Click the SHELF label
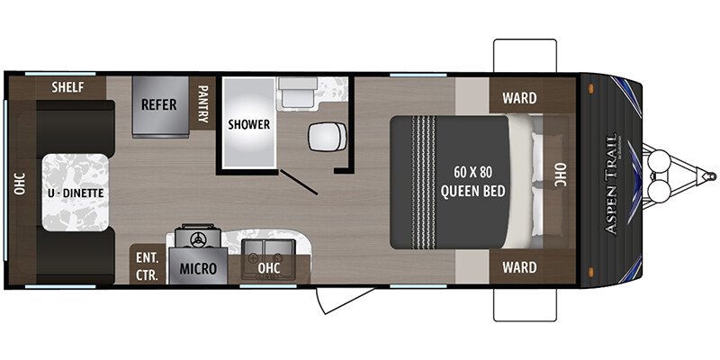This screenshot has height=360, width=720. click(x=67, y=87)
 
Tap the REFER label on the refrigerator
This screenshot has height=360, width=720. click(x=158, y=103)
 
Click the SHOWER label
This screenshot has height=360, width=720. click(x=248, y=124)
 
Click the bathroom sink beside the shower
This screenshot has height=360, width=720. click(x=293, y=92)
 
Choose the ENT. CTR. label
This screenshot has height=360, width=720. click(x=146, y=263)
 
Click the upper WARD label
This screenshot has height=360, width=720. click(x=520, y=97)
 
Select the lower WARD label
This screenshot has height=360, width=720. click(x=520, y=266)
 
